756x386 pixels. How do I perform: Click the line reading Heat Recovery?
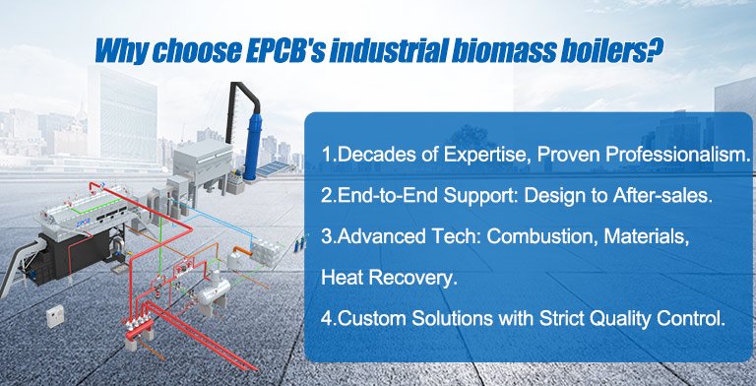[x=389, y=279]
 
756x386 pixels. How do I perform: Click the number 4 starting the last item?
[x=327, y=319]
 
